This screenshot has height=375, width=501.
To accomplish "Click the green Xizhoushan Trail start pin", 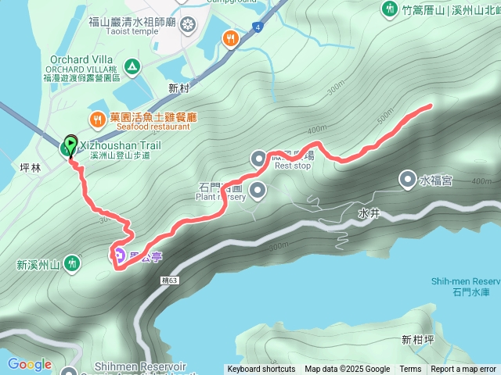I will point(70,145).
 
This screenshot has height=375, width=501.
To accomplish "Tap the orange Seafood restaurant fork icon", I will point(97,120).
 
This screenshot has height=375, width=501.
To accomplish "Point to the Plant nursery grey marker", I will point(256,188).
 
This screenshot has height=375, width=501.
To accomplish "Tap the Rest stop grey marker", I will point(259,159).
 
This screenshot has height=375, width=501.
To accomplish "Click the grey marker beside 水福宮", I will point(408,180).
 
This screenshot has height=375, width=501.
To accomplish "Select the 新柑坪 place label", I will point(416,339).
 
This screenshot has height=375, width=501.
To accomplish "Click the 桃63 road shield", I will point(171,279).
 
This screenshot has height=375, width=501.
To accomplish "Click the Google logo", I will point(30,364).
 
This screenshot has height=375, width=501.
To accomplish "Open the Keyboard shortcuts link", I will point(261,370).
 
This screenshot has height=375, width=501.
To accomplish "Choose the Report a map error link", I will point(463,370).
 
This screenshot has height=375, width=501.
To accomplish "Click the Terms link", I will point(410,370).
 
